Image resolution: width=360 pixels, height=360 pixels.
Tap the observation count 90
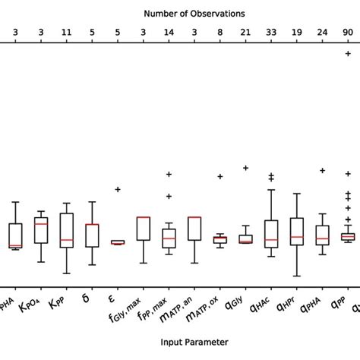tap(348, 32)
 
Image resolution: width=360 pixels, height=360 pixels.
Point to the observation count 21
tap(245, 32)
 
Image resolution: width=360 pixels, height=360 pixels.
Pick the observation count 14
tap(169, 32)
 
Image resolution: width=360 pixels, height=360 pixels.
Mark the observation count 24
tap(322, 32)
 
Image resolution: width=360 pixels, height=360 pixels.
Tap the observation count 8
tap(219, 32)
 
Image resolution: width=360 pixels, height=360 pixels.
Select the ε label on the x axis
tap(112, 298)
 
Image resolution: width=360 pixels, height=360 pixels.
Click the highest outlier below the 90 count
tap(348, 53)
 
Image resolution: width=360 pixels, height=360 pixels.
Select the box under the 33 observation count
tap(271, 234)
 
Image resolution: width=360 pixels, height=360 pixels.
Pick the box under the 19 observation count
tap(297, 231)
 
